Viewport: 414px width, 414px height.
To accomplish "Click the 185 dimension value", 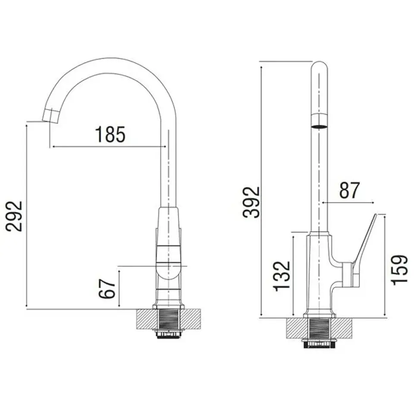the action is coord(110,135).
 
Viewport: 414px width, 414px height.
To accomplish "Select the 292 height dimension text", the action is coord(14,216).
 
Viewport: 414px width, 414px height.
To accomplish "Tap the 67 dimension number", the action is coord(107,289).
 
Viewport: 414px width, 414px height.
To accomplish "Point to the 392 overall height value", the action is coord(251,202).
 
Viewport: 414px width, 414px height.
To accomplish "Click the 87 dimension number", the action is coord(349,190).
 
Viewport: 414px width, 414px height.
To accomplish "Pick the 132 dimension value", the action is coord(282,276).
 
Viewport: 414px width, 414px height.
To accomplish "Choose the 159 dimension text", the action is coord(400,270).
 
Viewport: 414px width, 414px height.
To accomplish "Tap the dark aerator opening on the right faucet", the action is coord(320,126).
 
